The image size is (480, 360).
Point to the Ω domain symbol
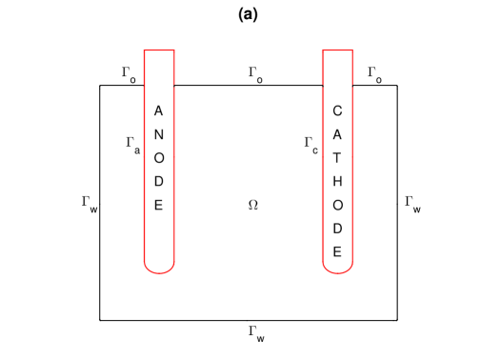click(252, 205)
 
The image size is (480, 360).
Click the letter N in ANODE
click(159, 134)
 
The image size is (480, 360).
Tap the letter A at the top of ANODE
click(159, 111)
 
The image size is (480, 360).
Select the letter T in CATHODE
click(338, 158)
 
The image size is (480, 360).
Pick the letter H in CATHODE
click(338, 181)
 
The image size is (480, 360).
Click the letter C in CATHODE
click(338, 111)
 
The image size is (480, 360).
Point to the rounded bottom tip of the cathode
click(338, 271)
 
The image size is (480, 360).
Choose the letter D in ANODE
click(159, 181)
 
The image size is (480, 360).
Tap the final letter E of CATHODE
click(338, 250)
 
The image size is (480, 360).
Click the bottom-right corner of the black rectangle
click(397, 321)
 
